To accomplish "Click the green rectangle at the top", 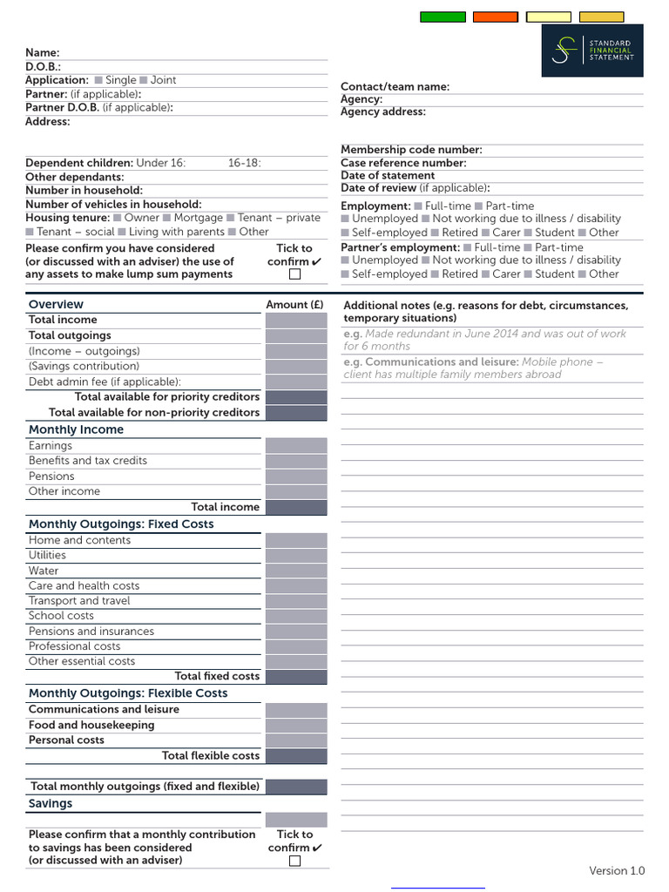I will (x=443, y=17).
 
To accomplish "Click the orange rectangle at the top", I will (x=496, y=17).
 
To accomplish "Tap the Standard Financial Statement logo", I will (x=592, y=51).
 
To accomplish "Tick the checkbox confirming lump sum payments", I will (x=294, y=274).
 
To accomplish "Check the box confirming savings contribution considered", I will (x=294, y=861).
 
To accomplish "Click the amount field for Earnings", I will (x=296, y=446).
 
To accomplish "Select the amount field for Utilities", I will (x=296, y=556).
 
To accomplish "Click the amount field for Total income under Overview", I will (x=296, y=320).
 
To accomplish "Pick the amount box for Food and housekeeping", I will (x=296, y=725).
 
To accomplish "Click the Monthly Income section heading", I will (x=76, y=429).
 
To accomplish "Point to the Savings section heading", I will (x=51, y=804).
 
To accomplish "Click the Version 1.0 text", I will (x=617, y=871).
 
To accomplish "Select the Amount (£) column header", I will (x=294, y=305).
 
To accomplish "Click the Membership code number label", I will (x=411, y=150).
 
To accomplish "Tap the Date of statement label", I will (x=388, y=175).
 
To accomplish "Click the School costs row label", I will (x=61, y=616).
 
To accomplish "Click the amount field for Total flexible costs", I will (x=296, y=756).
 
